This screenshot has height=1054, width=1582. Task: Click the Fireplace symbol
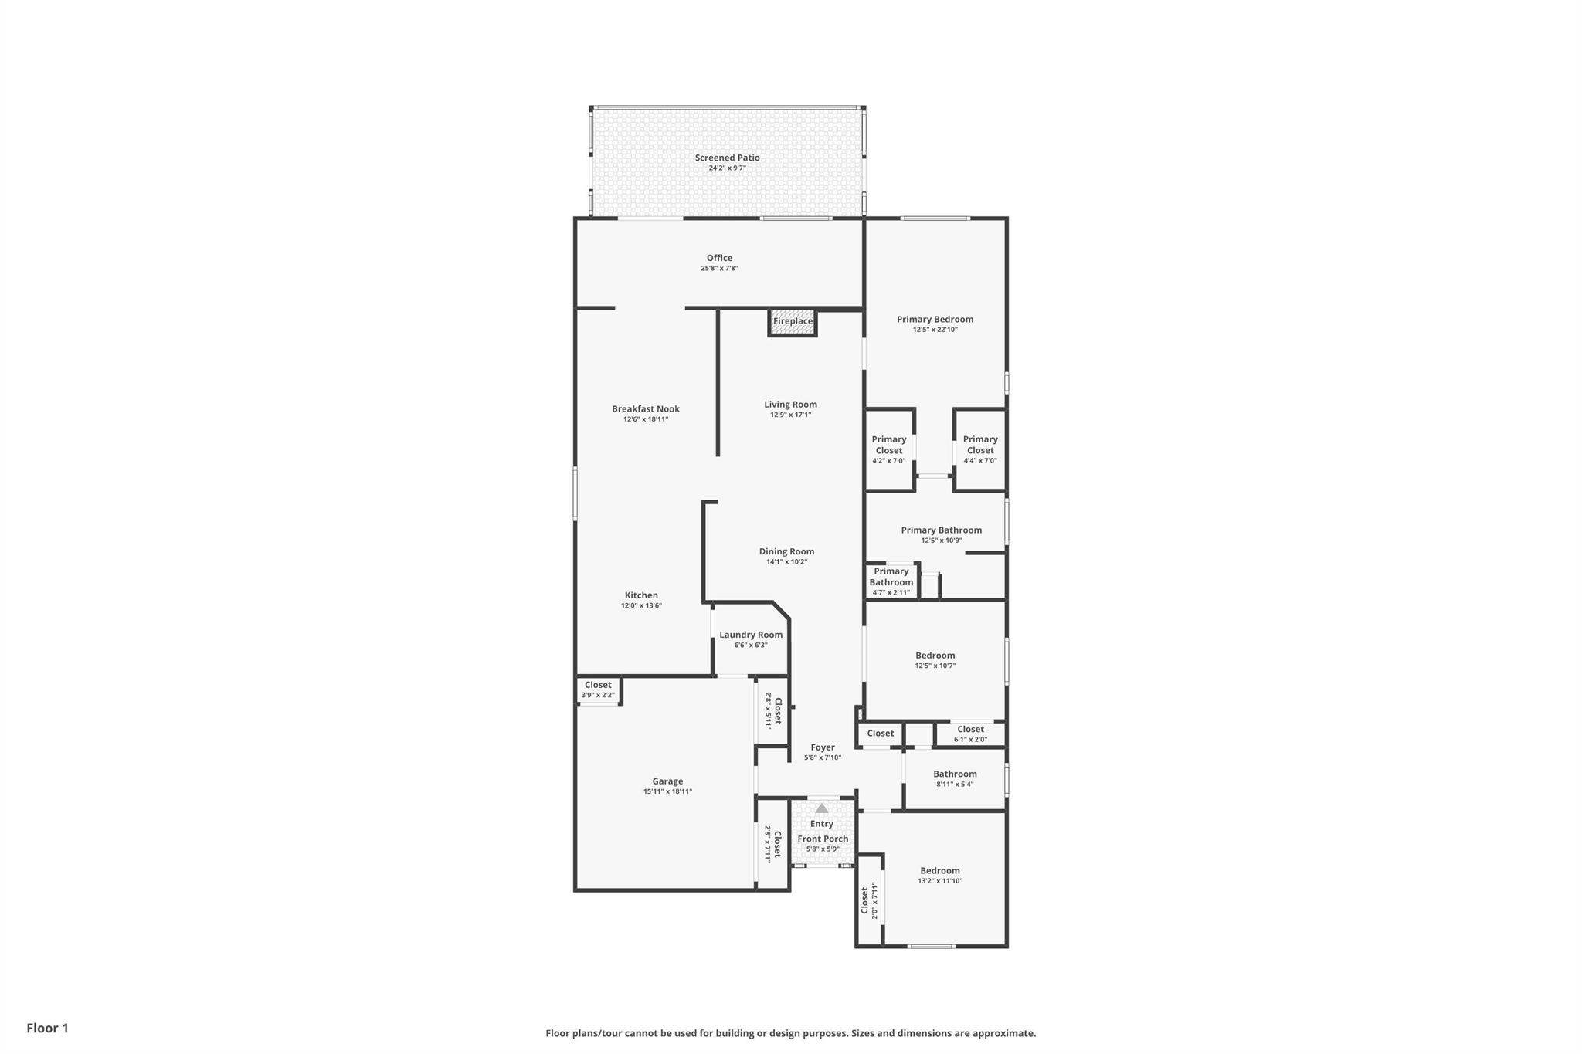793,322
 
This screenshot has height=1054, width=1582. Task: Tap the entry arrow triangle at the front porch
822,808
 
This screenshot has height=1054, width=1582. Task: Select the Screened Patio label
727,158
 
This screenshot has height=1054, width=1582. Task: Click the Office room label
719,258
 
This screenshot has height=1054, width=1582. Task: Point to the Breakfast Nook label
646,409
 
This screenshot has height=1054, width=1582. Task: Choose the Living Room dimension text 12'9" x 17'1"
790,415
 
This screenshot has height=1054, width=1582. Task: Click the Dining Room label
786,551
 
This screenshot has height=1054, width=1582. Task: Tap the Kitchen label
641,595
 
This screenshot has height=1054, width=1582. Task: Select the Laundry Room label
751,635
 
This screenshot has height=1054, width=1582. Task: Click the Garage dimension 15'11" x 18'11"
667,791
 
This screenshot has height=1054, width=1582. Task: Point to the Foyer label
823,747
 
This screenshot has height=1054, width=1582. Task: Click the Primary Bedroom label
935,319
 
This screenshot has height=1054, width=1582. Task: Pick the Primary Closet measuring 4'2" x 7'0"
889,449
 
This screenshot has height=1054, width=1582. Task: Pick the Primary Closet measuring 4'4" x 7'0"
980,449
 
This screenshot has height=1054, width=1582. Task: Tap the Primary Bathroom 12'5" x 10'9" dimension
941,541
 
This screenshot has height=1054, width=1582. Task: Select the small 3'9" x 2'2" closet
598,690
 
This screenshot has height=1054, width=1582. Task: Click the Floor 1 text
47,1028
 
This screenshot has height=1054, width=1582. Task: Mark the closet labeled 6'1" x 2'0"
970,734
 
